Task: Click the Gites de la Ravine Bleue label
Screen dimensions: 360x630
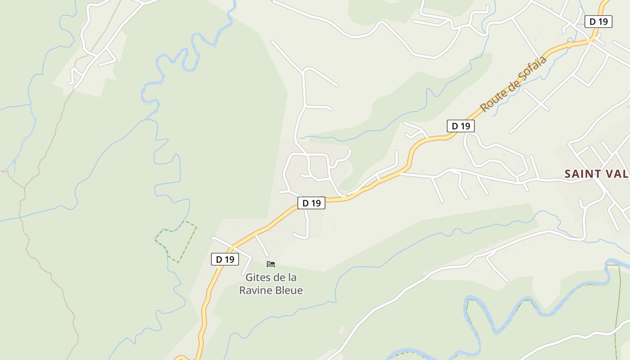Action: click(x=271, y=284)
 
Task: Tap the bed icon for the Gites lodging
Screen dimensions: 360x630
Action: click(x=271, y=264)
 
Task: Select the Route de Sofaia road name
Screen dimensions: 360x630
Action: click(x=513, y=84)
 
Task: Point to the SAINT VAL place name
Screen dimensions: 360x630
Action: click(x=597, y=174)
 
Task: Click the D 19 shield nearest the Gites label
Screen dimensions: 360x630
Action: click(x=225, y=259)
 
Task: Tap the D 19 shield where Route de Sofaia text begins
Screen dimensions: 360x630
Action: click(x=460, y=126)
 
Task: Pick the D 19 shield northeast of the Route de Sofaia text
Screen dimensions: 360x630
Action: click(x=598, y=21)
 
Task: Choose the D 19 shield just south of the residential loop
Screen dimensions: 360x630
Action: click(x=311, y=203)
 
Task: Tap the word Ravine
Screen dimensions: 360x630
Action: click(x=254, y=291)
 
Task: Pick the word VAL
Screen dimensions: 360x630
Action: click(x=618, y=174)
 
